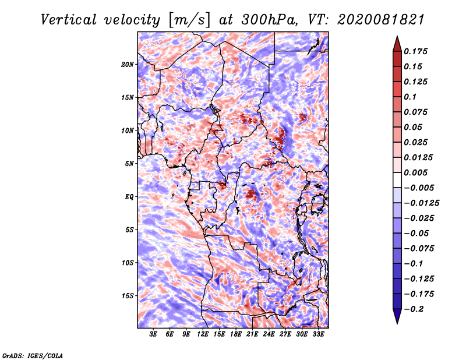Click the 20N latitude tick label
pyautogui.click(x=128, y=65)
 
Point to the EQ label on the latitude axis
pyautogui.click(x=129, y=197)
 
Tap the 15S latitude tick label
pyautogui.click(x=128, y=296)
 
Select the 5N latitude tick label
pyautogui.click(x=129, y=164)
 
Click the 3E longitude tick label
pyautogui.click(x=153, y=334)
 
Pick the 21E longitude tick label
pyautogui.click(x=252, y=334)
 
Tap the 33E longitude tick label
pyautogui.click(x=318, y=334)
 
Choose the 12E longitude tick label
pyautogui.click(x=202, y=334)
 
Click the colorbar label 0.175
pyautogui.click(x=415, y=51)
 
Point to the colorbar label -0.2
pyautogui.click(x=414, y=309)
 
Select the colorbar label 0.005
pyautogui.click(x=415, y=172)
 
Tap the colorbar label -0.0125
pyautogui.click(x=421, y=203)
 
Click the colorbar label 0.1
pyautogui.click(x=410, y=97)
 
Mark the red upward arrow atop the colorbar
pyautogui.click(x=397, y=44)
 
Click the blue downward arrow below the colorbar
pyautogui.click(x=397, y=316)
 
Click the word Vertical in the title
pyautogui.click(x=69, y=20)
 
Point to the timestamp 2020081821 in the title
pyautogui.click(x=381, y=20)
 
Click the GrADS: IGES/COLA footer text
pyautogui.click(x=33, y=355)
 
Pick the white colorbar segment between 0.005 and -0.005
pyautogui.click(x=397, y=180)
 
